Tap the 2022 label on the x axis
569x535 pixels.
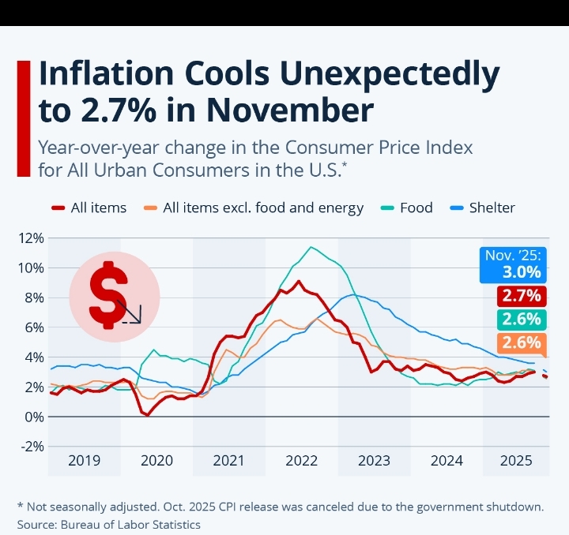[302, 462]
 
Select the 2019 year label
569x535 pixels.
[84, 462]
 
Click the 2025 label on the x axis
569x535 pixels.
[516, 462]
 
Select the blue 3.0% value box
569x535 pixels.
[514, 265]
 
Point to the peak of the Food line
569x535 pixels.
[311, 247]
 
